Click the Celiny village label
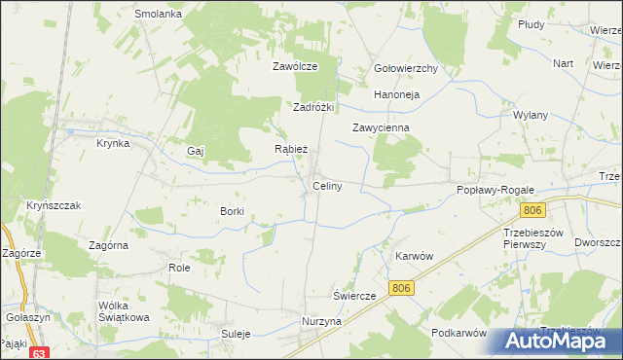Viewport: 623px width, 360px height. click(x=326, y=186)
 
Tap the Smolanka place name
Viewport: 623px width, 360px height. click(x=159, y=15)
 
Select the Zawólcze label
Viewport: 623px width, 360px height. click(x=295, y=67)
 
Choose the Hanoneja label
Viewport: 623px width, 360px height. click(x=396, y=95)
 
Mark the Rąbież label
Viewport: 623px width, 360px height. click(x=291, y=150)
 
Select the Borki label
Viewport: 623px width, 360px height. click(x=232, y=210)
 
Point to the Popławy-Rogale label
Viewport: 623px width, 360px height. click(x=493, y=191)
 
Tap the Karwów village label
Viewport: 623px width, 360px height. click(x=413, y=255)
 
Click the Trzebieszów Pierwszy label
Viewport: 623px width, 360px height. click(x=534, y=238)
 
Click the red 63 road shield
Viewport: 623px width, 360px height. click(x=39, y=353)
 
